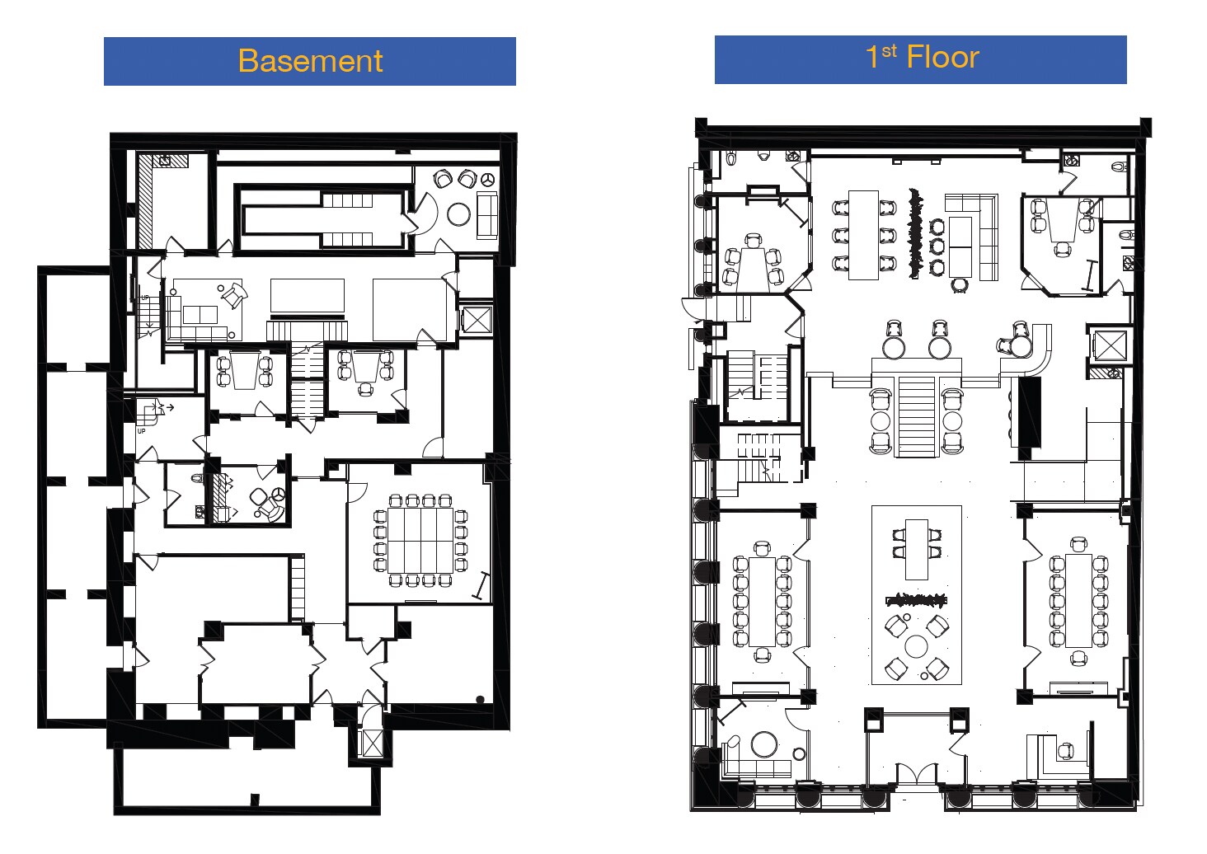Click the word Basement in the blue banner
point(310,61)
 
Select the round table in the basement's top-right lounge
point(458,214)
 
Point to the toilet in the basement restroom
point(197,478)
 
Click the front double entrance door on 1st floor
point(916,776)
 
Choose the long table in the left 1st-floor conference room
point(762,602)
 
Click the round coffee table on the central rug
point(916,646)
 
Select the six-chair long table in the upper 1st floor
point(863,235)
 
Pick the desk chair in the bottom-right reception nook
point(1066,751)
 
